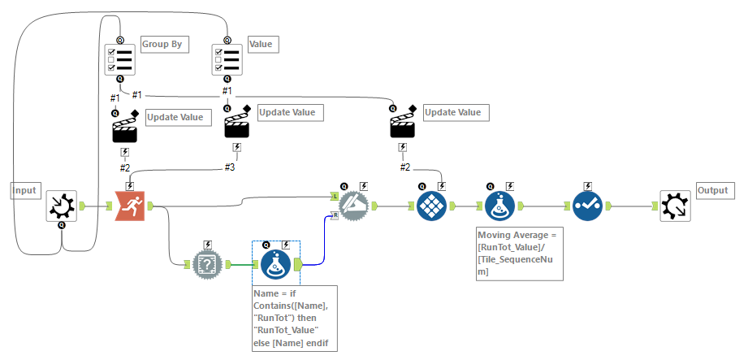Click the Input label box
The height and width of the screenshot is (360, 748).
pos(24,190)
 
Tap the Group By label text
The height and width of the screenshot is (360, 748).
pos(162,43)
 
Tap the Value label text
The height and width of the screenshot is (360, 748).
pos(261,43)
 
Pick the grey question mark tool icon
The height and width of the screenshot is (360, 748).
pos(207,264)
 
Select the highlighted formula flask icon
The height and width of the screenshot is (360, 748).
pos(277,264)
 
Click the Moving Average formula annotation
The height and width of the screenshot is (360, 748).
pos(519,254)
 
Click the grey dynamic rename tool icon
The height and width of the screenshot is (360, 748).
pos(354,206)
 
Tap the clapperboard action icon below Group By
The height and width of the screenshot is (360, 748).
pos(124,129)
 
